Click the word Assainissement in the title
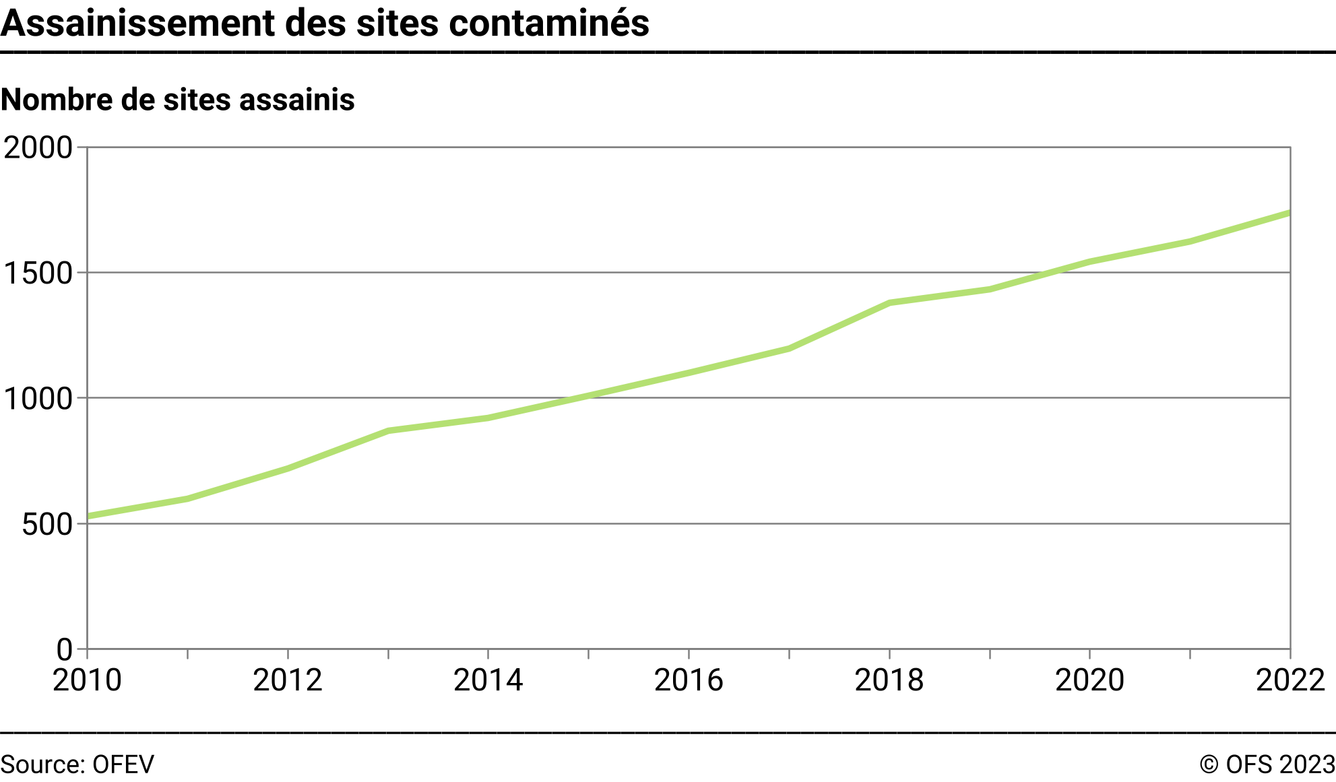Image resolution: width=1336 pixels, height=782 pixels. [x=139, y=23]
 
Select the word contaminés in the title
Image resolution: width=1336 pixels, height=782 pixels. [x=549, y=23]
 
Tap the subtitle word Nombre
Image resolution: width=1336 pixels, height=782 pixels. [x=57, y=100]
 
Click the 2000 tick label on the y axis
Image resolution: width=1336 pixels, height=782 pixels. [x=38, y=148]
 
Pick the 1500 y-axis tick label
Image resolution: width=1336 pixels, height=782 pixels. [x=38, y=273]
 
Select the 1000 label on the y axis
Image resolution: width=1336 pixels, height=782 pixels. [x=38, y=399]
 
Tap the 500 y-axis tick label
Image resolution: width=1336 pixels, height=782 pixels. [x=46, y=525]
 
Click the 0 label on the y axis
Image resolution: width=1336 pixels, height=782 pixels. [x=64, y=650]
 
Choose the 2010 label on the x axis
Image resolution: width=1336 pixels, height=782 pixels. [x=87, y=680]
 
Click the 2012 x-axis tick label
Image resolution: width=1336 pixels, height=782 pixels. [x=288, y=680]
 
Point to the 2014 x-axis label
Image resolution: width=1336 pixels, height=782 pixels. [x=488, y=680]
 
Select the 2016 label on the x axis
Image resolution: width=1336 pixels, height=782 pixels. [x=689, y=680]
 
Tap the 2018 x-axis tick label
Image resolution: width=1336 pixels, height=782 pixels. [x=889, y=680]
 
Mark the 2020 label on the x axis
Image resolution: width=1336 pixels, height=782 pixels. [x=1089, y=680]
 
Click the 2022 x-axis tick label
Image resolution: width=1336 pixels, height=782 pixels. [x=1290, y=680]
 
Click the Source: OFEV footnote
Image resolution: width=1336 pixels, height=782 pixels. [x=77, y=765]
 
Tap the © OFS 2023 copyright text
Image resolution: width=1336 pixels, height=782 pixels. [x=1267, y=765]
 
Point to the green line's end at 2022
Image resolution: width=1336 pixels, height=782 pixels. [x=1289, y=214]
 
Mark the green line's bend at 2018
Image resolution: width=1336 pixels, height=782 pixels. [x=889, y=303]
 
